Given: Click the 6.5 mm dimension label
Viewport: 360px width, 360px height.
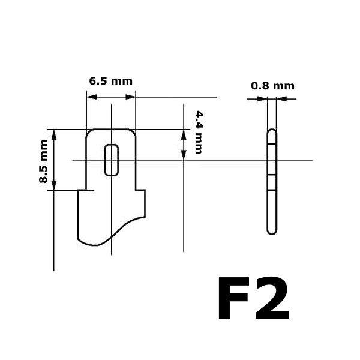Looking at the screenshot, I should [x=111, y=81].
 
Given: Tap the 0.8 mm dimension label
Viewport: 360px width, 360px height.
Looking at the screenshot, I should [x=272, y=86].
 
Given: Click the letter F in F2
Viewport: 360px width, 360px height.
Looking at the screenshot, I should [x=235, y=299].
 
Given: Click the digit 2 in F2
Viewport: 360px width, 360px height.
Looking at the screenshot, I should [x=272, y=299].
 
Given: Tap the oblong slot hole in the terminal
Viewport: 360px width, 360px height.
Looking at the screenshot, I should [x=112, y=160].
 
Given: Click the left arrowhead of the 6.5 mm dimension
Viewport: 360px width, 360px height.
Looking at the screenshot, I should [x=91, y=96].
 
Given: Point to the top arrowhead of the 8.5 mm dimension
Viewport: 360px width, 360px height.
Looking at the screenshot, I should [x=55, y=134].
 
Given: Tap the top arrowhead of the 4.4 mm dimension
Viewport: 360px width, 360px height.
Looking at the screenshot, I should [x=183, y=133].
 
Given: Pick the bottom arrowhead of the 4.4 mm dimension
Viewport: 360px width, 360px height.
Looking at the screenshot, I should [x=183, y=155].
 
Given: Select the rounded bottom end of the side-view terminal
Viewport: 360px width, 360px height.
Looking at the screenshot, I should [x=272, y=231].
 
